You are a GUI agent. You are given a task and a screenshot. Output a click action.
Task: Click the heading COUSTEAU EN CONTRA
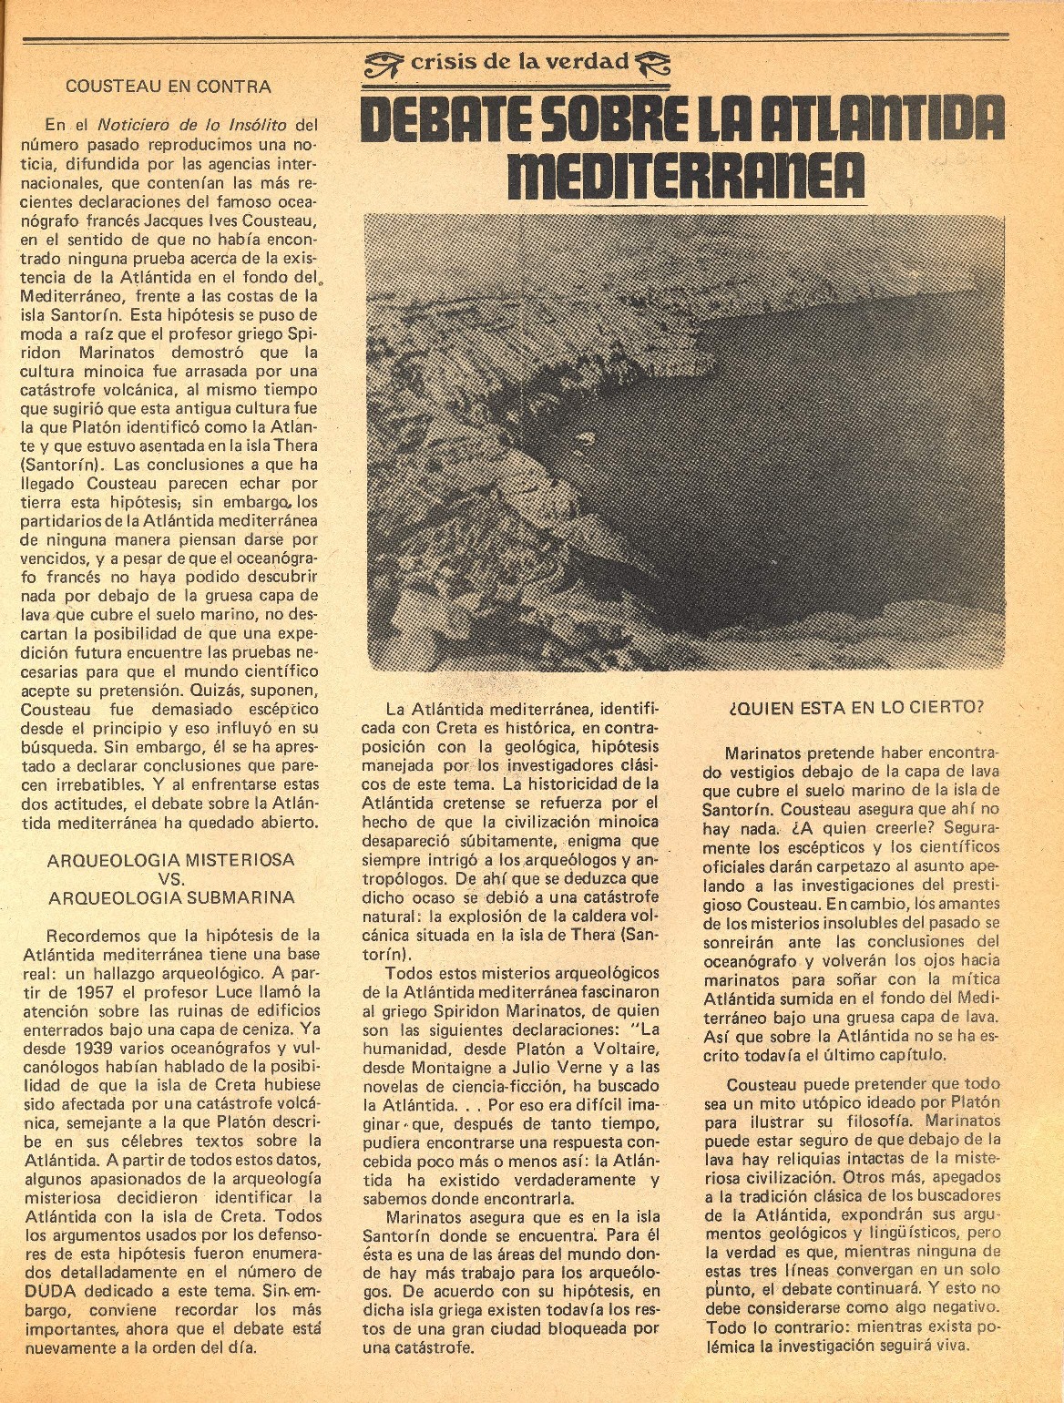coord(169,87)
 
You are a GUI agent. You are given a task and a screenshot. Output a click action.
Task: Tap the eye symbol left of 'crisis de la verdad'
coord(385,63)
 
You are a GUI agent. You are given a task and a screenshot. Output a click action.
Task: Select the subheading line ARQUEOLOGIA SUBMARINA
coord(171,896)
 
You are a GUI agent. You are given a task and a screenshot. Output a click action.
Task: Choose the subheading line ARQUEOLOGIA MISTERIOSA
coord(171,859)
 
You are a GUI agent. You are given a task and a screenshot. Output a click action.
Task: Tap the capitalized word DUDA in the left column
coord(73,1290)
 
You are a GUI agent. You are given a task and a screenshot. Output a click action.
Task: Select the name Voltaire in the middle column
coord(620,1048)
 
